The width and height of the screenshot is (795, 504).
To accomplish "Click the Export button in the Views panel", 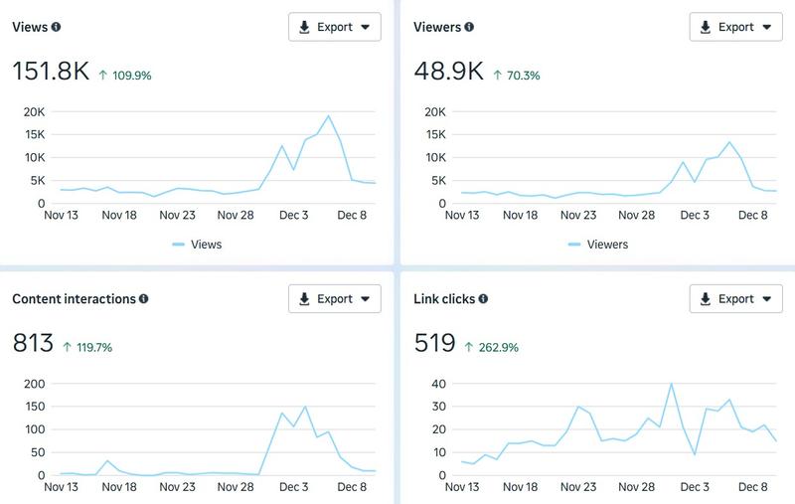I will [334, 27].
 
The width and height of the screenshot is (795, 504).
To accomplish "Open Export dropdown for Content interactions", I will [334, 298].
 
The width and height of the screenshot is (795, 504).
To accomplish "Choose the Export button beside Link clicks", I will [735, 298].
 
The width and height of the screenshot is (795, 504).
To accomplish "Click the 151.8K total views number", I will [51, 72].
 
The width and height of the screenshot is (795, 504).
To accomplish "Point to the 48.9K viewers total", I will [448, 72].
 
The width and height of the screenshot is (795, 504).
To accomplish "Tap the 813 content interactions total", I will [32, 344].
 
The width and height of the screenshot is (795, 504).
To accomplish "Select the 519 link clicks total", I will [433, 344].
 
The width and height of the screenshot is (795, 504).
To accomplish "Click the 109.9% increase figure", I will [125, 75].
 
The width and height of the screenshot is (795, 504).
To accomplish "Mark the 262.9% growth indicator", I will [492, 347].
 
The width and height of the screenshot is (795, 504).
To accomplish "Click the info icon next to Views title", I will [56, 28].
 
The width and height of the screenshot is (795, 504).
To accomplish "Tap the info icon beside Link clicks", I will [483, 299].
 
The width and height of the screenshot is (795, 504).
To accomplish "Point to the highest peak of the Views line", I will [329, 116].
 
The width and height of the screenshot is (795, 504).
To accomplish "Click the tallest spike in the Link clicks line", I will [672, 384].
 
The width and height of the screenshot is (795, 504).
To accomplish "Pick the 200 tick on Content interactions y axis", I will [33, 384].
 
